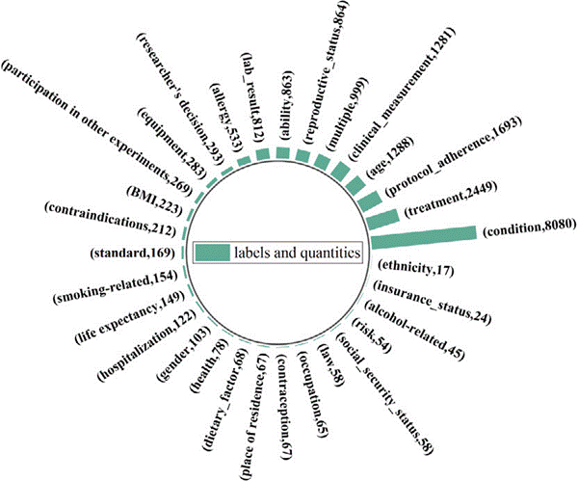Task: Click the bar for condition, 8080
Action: (424, 235)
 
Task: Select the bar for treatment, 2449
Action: (383, 218)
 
